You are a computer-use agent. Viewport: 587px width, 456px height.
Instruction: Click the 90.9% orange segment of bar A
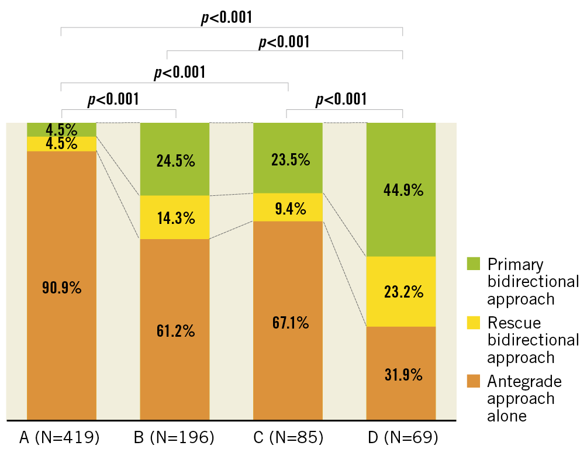61,286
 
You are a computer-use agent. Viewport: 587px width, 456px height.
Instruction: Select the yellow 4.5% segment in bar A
61,144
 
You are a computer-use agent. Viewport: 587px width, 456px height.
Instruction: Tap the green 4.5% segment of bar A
61,129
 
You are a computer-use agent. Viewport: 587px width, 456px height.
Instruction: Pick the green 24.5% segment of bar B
174,160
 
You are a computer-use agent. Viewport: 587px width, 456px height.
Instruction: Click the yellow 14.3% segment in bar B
174,217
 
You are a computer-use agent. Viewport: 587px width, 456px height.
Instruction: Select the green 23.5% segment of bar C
288,158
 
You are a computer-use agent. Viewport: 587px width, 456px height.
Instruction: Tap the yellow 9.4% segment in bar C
288,208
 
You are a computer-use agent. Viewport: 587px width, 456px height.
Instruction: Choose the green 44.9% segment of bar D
401,190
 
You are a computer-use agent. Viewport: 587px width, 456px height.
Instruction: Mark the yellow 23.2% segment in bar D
401,291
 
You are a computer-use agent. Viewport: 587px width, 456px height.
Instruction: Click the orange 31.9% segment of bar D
401,374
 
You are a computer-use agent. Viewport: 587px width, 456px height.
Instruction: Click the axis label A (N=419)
60,437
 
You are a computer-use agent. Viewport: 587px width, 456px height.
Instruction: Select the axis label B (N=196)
174,437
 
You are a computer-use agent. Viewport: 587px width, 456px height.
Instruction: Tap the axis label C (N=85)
288,437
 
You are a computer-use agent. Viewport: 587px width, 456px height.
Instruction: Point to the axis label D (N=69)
401,437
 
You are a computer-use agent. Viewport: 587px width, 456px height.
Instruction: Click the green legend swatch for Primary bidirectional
474,264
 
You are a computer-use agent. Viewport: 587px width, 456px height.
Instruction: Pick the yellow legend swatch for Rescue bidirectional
474,323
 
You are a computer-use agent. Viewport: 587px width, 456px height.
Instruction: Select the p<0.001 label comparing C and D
341,99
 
